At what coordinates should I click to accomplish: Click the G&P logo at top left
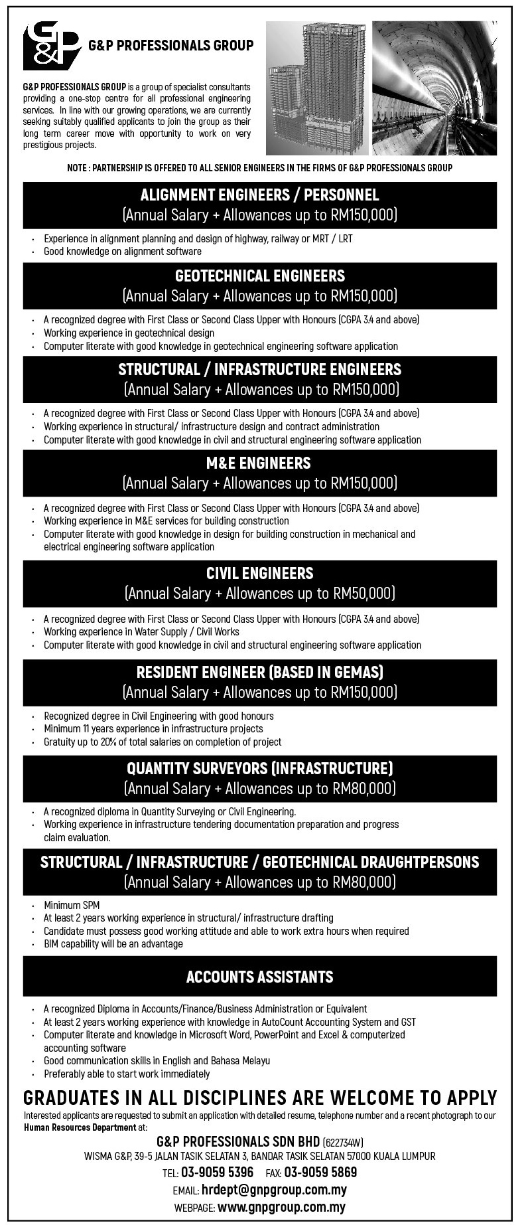pos(50,46)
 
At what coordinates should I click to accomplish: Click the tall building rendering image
pos(316,88)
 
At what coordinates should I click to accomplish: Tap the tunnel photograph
pos(434,88)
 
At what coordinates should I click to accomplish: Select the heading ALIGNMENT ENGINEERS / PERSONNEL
pos(260,195)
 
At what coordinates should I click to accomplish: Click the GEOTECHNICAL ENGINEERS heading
pos(260,276)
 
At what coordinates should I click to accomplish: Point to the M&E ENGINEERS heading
pos(260,463)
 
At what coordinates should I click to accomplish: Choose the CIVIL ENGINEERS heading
pos(260,573)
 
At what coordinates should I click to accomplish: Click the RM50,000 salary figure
pos(363,593)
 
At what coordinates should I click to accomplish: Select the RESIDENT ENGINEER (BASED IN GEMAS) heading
pos(260,672)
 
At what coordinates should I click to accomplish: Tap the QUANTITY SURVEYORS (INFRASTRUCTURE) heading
pos(260,768)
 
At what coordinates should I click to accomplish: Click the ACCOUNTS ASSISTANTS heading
pos(260,977)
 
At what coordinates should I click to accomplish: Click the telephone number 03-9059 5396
pos(218,1172)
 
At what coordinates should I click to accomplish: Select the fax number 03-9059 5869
pos(321,1172)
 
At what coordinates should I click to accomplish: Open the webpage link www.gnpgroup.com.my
pos(281,1208)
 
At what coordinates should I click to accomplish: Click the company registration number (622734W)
pos(344,1143)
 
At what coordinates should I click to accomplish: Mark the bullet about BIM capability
pos(113,943)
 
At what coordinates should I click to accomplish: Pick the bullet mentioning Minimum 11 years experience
pos(153,728)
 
